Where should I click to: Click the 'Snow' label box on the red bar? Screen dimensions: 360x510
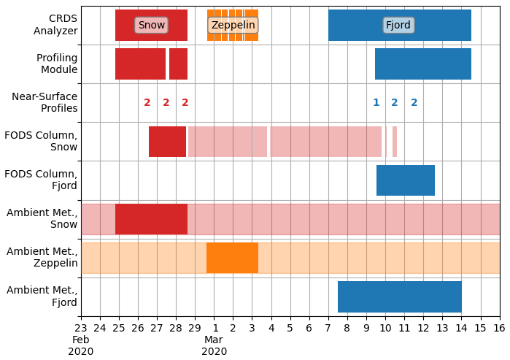coord(151,26)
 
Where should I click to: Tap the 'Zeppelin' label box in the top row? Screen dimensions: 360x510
coord(233,26)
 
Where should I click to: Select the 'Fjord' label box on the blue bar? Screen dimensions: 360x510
coord(398,26)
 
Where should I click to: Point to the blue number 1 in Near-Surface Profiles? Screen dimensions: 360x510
coord(376,103)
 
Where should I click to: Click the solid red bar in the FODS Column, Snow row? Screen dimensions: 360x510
coord(167,142)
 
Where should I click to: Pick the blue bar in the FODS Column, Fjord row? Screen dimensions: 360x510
coord(406,180)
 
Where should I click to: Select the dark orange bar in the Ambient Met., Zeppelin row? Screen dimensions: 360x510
coord(232,258)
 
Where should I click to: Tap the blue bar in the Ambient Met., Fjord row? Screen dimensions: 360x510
coord(400,296)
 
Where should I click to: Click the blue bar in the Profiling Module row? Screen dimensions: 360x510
coord(423,64)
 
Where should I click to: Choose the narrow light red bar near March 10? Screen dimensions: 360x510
coord(395,142)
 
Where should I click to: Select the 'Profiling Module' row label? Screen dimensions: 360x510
coord(57,64)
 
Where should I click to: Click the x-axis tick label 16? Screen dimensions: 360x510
coord(500,329)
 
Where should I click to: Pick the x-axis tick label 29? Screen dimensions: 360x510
coord(195,329)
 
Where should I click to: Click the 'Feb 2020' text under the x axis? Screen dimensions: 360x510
coord(81,345)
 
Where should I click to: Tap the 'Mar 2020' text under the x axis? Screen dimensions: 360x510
coord(214,345)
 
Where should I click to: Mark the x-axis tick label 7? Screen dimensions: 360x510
coord(328,329)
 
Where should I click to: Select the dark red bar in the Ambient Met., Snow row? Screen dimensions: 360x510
coord(151,219)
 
